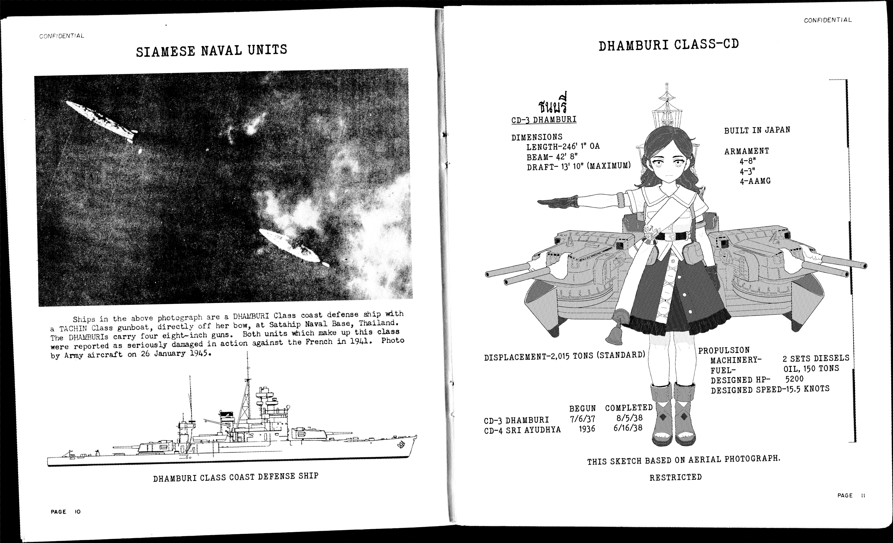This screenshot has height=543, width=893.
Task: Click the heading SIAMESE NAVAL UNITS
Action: click(211, 50)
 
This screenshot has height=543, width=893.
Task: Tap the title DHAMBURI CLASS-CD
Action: click(668, 45)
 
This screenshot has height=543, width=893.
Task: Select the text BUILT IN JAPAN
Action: click(757, 130)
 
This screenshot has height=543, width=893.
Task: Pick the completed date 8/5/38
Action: click(630, 418)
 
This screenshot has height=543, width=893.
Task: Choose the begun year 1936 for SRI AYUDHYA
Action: click(587, 429)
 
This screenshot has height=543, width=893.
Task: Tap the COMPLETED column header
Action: click(629, 408)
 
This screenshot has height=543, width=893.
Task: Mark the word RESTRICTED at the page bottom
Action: click(675, 477)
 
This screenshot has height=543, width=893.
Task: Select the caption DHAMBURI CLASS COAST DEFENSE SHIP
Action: click(236, 477)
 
